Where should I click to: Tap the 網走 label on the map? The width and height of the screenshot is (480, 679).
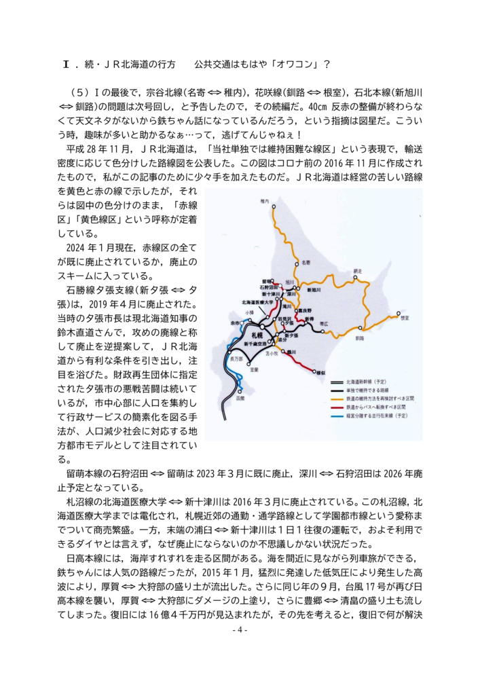point(358,270)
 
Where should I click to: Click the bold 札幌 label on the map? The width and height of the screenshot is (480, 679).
point(256,336)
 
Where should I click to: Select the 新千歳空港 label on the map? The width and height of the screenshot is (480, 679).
point(255,347)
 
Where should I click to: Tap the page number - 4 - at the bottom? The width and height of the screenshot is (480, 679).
point(240,629)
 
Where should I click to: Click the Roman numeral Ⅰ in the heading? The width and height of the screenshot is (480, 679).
point(66,65)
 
